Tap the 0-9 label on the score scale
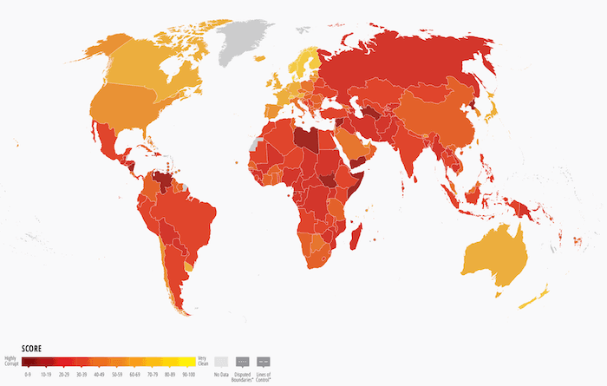(29, 374)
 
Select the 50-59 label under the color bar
(116, 374)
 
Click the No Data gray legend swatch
(222, 361)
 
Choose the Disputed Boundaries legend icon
(243, 361)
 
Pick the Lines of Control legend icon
(264, 361)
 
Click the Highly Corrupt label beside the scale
(11, 361)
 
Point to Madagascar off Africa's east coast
(354, 236)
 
